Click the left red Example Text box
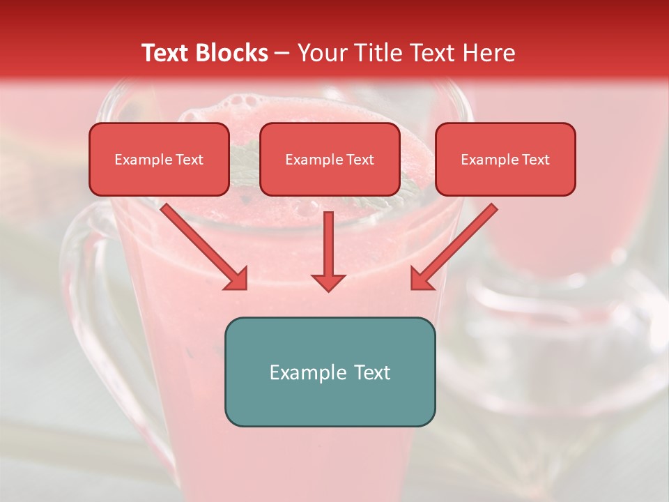(159, 159)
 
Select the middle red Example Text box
(330, 159)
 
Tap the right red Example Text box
(505, 159)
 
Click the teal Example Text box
(330, 372)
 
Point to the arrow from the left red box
(202, 244)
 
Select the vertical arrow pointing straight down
(328, 248)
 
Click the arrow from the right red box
(456, 244)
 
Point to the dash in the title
(282, 54)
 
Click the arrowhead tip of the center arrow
(328, 289)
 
